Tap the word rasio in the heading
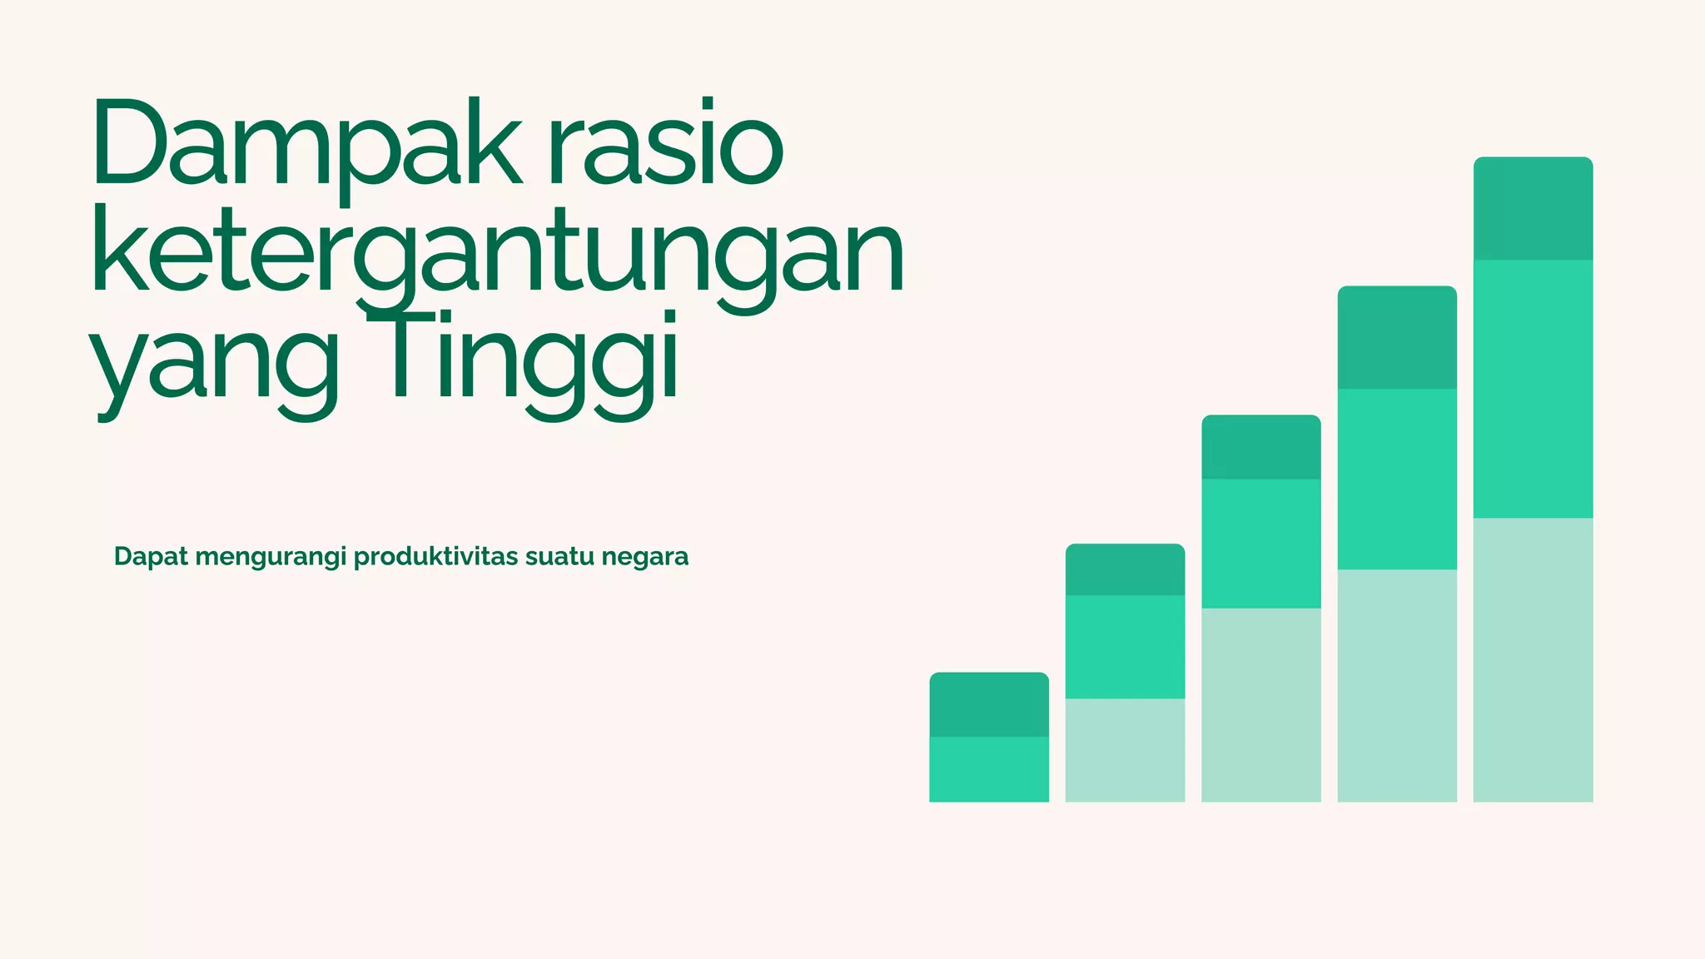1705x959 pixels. [666, 143]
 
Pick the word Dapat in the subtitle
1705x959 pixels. [151, 556]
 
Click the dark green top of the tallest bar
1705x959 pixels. [1533, 208]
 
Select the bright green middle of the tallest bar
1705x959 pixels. [1533, 389]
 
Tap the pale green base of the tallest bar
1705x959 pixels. [1533, 660]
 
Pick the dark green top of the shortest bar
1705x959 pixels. [989, 704]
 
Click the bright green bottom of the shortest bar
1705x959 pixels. [989, 769]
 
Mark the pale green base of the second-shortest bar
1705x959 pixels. [1125, 750]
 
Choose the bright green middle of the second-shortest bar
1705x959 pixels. [1125, 647]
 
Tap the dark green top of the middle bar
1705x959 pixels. [1260, 447]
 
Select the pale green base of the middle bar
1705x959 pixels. [1260, 705]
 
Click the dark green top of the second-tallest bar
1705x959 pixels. [1397, 337]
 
